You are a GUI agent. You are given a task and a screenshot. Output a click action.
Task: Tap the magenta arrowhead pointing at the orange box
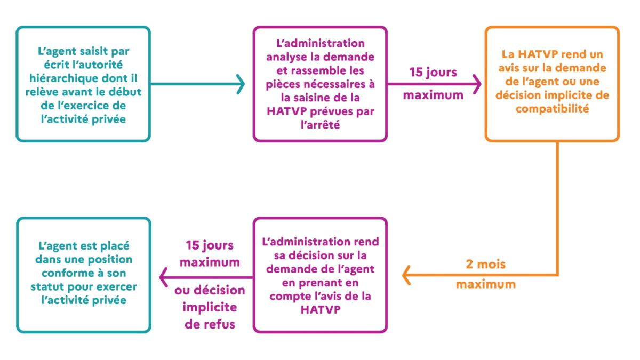(x=477, y=84)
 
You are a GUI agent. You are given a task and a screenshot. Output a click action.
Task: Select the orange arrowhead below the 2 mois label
(x=406, y=275)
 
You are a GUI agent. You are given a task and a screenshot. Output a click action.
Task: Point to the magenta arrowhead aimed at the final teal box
(x=163, y=277)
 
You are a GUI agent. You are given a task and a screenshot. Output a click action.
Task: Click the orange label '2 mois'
(x=485, y=264)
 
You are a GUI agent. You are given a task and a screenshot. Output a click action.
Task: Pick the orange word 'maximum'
(x=486, y=284)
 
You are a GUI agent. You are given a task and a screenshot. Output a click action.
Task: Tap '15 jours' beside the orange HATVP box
(x=433, y=73)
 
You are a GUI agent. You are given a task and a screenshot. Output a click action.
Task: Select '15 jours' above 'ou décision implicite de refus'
(x=210, y=245)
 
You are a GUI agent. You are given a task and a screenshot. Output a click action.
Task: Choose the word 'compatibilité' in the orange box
(x=553, y=109)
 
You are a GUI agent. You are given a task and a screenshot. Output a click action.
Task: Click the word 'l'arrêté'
(x=321, y=125)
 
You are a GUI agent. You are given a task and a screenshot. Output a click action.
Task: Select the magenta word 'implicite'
(x=210, y=307)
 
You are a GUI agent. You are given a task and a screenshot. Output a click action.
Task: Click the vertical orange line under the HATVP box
(x=557, y=209)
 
